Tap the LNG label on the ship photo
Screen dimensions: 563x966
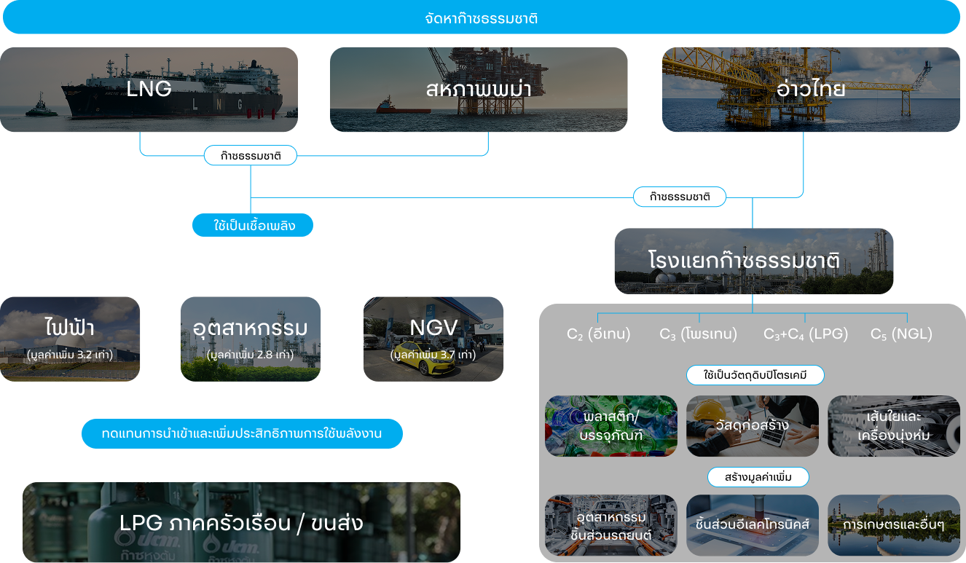[x=149, y=89]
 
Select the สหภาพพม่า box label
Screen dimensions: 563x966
[x=478, y=89]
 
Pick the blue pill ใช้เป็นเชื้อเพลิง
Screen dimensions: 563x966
[x=253, y=226]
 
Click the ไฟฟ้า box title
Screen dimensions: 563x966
[x=69, y=328]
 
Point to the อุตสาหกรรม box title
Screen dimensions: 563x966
[x=250, y=328]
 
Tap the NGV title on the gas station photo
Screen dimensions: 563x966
[x=433, y=328]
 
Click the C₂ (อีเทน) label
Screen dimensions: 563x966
[x=599, y=334]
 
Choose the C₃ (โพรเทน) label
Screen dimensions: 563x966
[x=699, y=334]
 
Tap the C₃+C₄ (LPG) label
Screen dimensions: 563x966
[x=806, y=334]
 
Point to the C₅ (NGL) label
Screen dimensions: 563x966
[x=901, y=334]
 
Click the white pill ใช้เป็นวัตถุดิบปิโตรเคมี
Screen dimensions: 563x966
[x=755, y=376]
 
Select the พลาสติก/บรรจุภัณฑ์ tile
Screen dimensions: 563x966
[x=610, y=426]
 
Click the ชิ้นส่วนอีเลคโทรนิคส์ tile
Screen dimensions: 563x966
[x=753, y=524]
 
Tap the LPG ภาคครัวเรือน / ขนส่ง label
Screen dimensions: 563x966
[x=241, y=523]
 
